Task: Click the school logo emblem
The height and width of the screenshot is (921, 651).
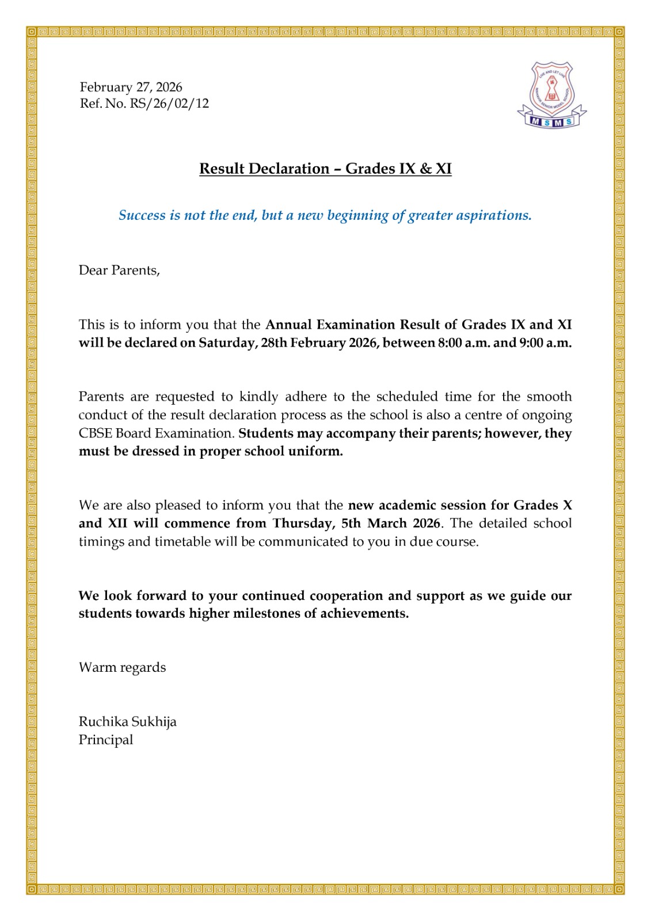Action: click(551, 94)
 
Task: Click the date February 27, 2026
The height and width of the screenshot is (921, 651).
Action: click(131, 87)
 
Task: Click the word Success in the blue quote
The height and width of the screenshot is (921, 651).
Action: click(142, 215)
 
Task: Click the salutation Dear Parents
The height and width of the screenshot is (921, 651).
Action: click(119, 271)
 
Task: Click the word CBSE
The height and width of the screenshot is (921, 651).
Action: click(94, 433)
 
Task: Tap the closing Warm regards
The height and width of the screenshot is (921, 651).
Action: click(122, 668)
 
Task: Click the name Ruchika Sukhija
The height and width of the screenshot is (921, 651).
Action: click(127, 722)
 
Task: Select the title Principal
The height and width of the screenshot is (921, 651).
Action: click(106, 740)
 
